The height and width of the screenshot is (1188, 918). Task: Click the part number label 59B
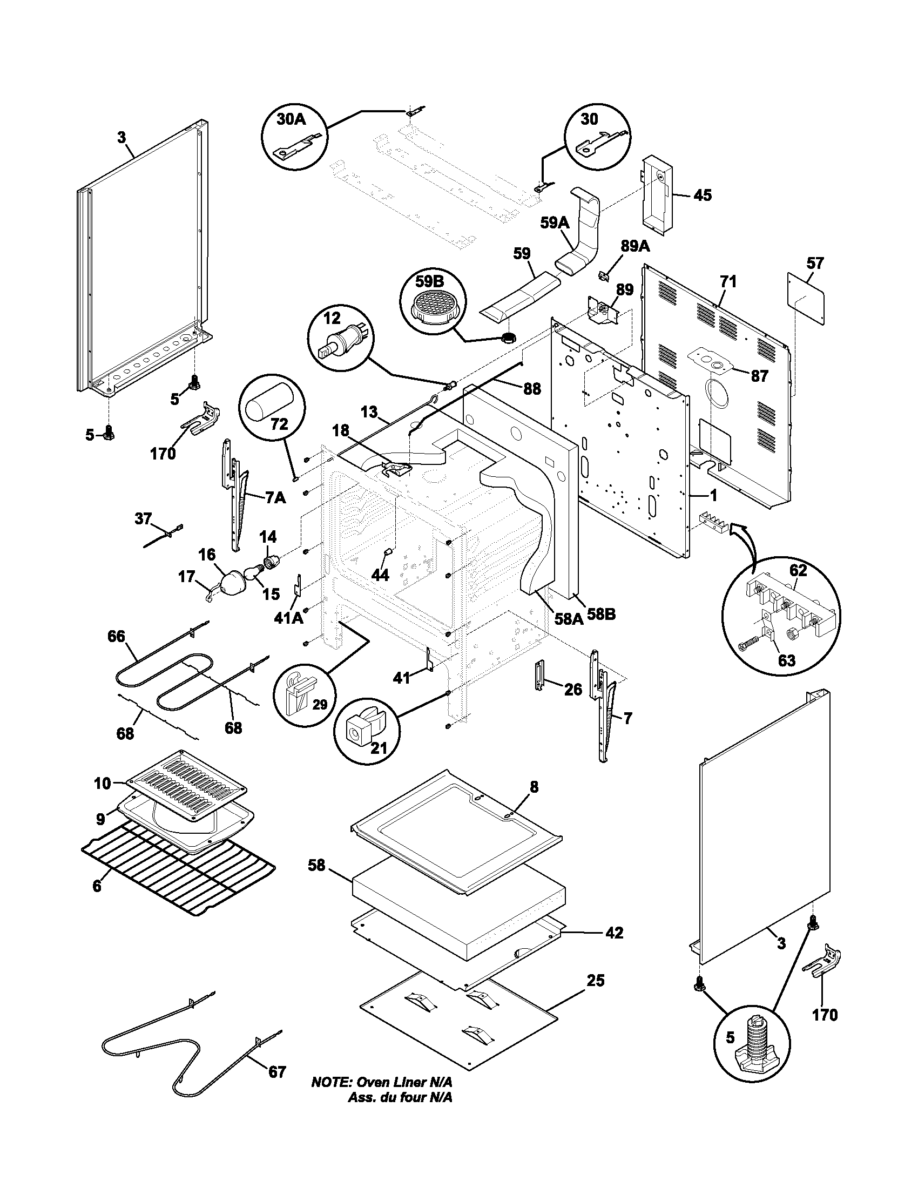coord(430,281)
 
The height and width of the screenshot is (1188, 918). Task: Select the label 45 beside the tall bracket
coord(703,195)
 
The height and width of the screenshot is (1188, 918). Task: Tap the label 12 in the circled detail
coord(332,319)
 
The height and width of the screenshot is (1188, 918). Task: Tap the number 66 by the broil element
coord(116,636)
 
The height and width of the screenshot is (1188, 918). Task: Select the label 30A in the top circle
coord(291,119)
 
